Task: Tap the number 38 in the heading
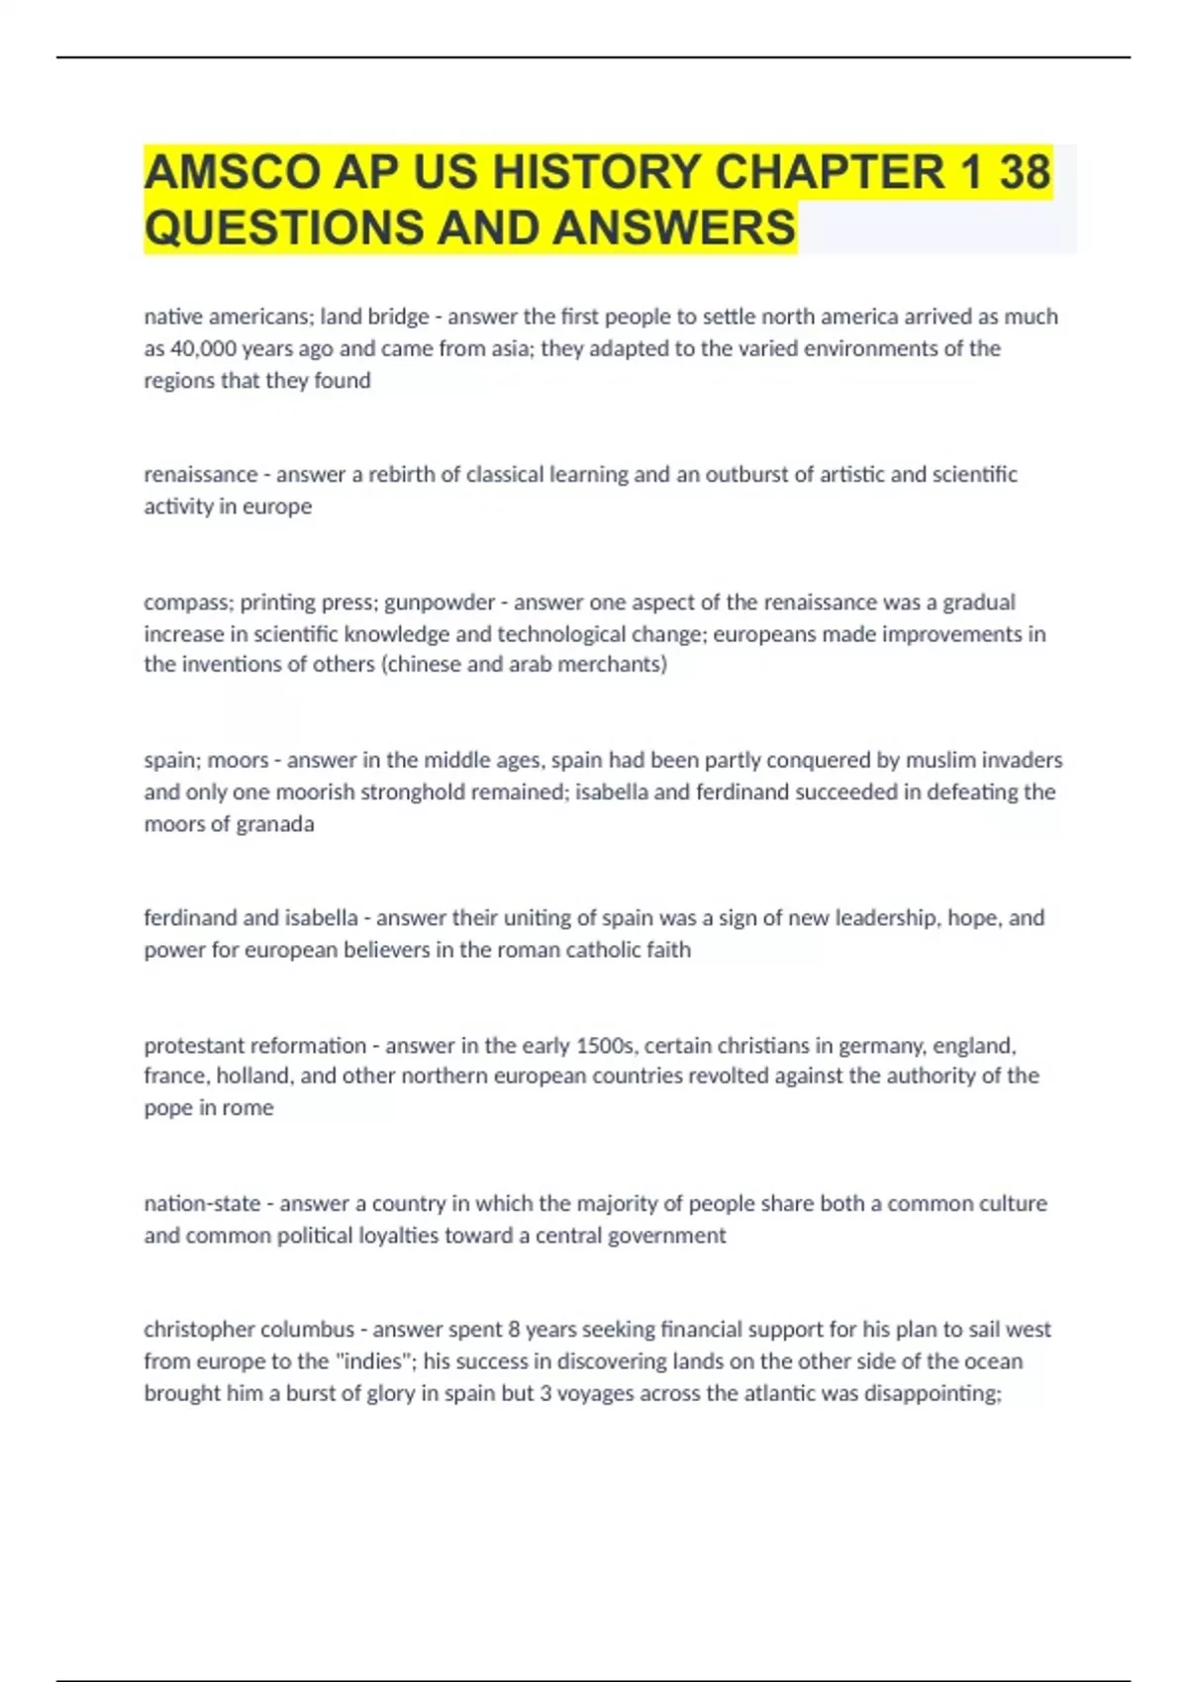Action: pos(1025,172)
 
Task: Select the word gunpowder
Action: pos(440,602)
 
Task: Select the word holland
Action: pos(253,1075)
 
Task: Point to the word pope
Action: pos(169,1108)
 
